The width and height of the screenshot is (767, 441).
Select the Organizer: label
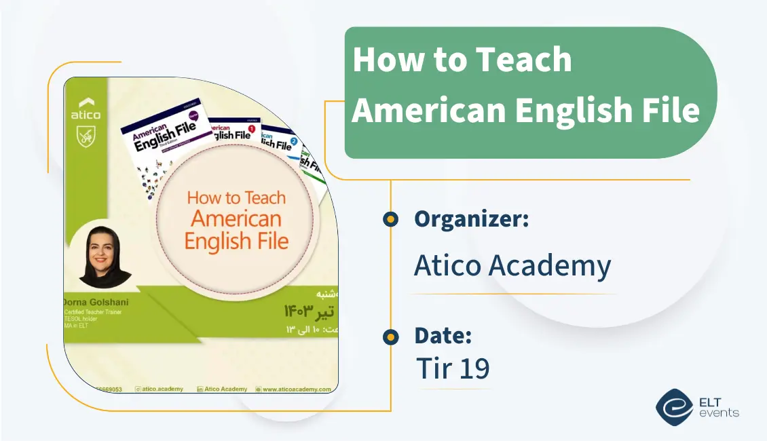coord(471,219)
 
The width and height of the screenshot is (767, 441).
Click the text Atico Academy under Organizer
coord(512,266)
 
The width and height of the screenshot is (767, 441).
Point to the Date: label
coord(443,336)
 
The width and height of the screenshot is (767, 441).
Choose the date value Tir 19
coord(453,368)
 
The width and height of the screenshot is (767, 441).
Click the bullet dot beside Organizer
coord(390,219)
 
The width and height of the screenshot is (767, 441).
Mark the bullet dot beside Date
coord(390,337)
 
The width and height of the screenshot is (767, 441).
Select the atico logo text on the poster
coord(86,115)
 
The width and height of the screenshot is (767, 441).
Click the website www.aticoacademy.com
coord(296,389)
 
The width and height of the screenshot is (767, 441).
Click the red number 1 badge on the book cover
coord(252,128)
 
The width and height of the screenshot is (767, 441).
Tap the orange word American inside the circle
coord(236,219)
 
